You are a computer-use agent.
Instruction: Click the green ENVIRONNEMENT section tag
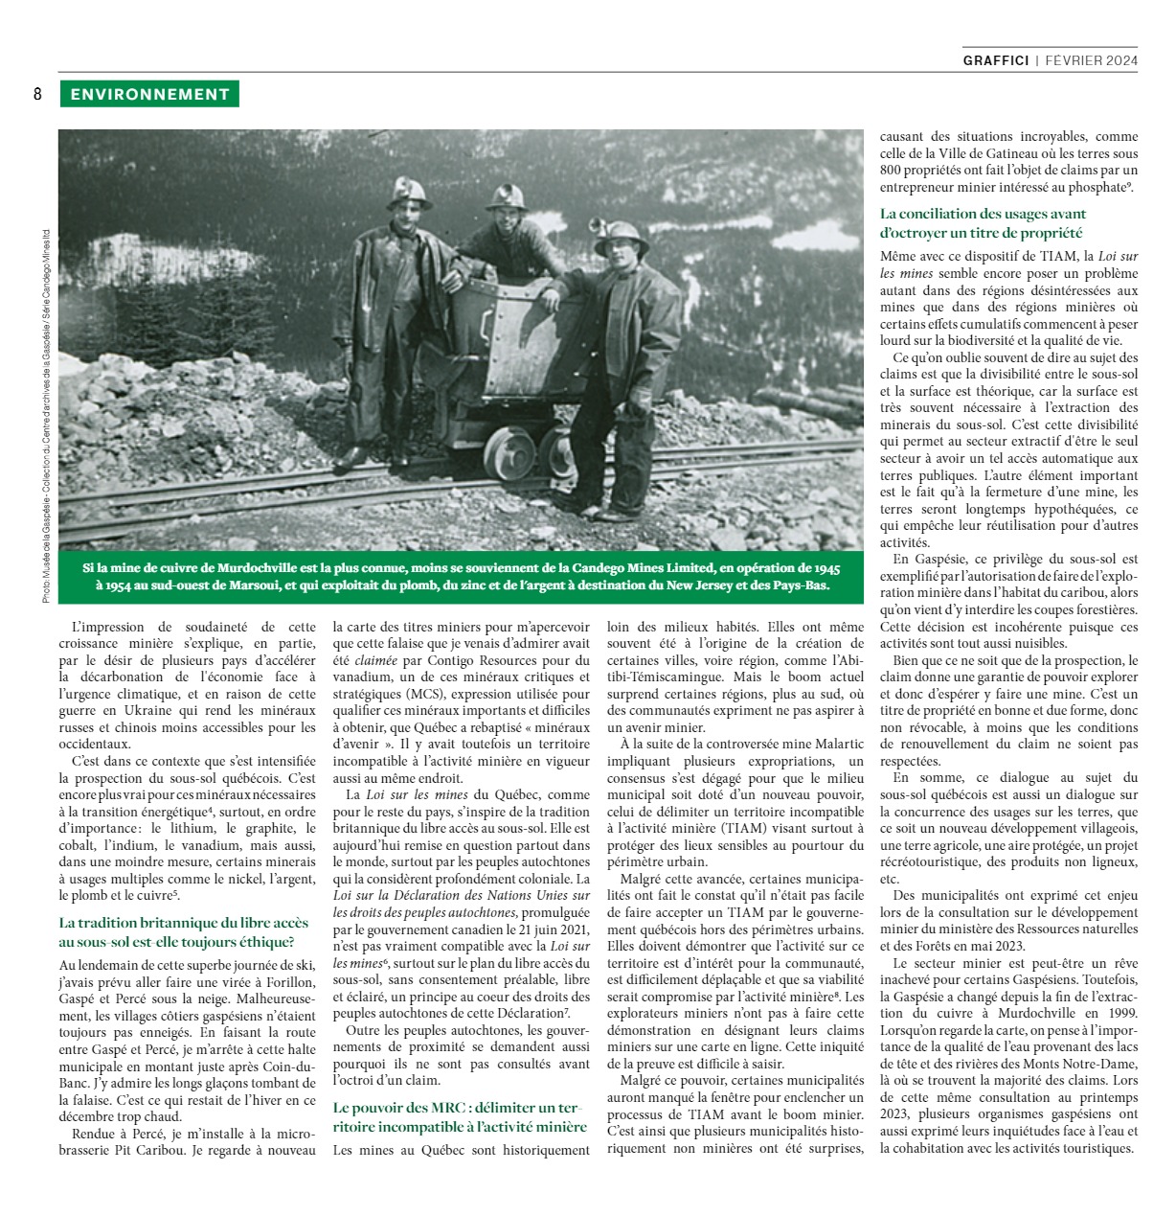click(x=148, y=94)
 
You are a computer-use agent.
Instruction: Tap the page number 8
click(x=37, y=94)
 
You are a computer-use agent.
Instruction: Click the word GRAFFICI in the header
click(x=996, y=60)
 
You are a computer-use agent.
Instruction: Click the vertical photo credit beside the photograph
click(x=46, y=412)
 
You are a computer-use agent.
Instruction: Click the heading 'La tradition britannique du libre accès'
click(x=184, y=923)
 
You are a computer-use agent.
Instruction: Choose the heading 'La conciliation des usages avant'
click(x=984, y=214)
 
